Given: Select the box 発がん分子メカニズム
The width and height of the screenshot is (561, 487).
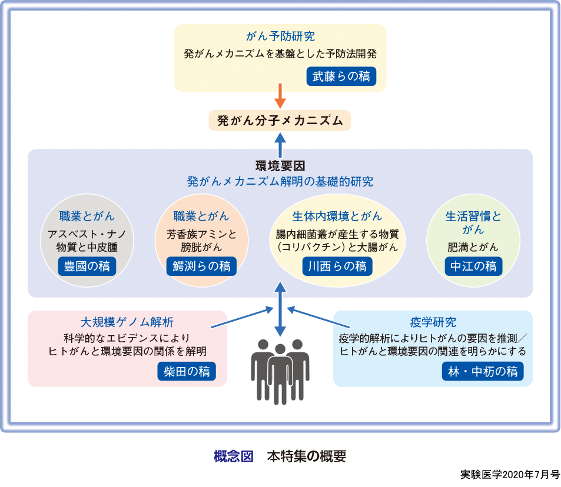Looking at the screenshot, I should tap(280, 121).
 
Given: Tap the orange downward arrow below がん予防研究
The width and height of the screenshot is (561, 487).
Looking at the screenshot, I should tap(280, 96).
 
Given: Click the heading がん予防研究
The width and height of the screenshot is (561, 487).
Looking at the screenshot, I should tap(280, 36).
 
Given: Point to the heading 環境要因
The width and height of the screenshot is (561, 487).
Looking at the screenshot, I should tap(280, 166).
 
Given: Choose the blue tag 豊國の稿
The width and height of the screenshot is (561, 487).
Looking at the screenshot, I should tap(87, 266).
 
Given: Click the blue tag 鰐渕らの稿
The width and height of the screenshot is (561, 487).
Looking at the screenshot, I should tap(201, 266).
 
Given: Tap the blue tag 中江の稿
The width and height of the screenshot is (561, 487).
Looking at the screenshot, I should tap(473, 266).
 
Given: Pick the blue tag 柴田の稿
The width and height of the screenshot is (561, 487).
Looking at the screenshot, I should tap(187, 371).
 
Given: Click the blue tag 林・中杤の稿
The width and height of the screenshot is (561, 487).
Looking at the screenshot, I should tap(482, 371).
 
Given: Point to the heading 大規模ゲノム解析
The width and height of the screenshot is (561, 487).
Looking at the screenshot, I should tap(127, 322).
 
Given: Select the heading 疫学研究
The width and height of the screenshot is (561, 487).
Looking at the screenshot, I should tap(433, 322).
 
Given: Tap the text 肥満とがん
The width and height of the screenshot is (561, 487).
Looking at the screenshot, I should tap(473, 246).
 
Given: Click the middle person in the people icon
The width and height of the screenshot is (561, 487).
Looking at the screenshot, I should tap(280, 371).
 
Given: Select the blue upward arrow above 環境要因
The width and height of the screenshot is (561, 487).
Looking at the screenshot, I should tap(280, 144).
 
